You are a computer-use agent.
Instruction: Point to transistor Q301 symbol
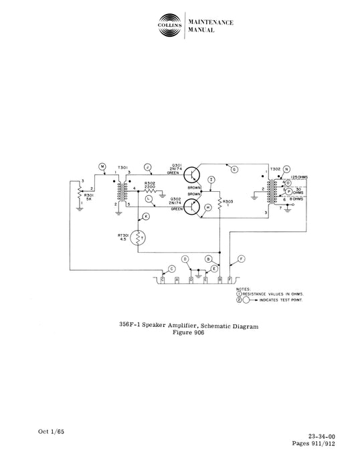point(193,176)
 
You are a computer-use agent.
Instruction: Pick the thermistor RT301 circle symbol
point(140,237)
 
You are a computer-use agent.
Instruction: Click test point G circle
point(234,170)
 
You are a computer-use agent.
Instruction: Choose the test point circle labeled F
point(241,258)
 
